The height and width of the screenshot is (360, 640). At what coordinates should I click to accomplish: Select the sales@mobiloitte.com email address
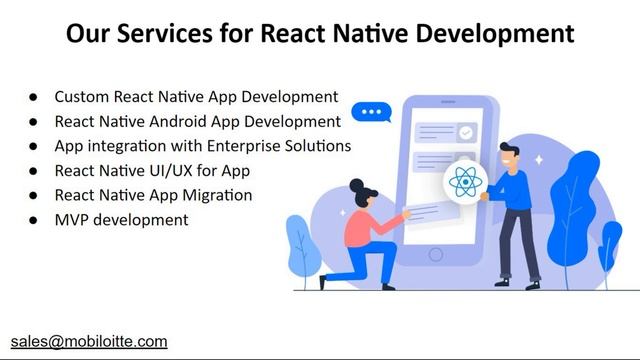click(x=89, y=341)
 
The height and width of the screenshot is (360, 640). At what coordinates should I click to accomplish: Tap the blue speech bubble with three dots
click(x=371, y=112)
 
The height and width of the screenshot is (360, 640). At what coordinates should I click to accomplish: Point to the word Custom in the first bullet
click(x=81, y=98)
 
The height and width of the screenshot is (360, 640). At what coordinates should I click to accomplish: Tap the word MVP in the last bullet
click(x=71, y=219)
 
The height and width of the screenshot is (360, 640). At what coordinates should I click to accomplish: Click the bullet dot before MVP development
click(x=32, y=219)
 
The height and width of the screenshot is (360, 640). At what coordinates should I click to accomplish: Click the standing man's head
click(x=511, y=155)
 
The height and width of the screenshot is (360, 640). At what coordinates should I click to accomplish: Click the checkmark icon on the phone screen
click(x=466, y=131)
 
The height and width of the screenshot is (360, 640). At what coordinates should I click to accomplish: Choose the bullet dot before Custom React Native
click(x=32, y=98)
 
